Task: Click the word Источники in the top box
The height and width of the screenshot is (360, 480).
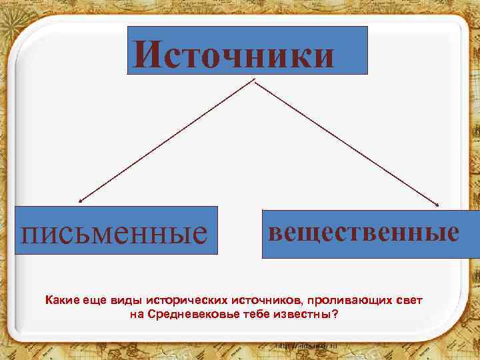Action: [x=234, y=53]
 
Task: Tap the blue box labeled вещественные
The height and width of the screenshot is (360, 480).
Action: [x=364, y=233]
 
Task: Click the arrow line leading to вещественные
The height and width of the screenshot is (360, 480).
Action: [x=347, y=141]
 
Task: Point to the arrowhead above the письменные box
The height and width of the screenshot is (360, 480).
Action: [x=80, y=200]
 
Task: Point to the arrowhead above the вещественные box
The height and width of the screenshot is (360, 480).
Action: [x=439, y=204]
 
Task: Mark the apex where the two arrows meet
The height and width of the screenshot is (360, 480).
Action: [x=254, y=80]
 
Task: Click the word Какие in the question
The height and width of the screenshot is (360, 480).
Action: [x=62, y=301]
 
